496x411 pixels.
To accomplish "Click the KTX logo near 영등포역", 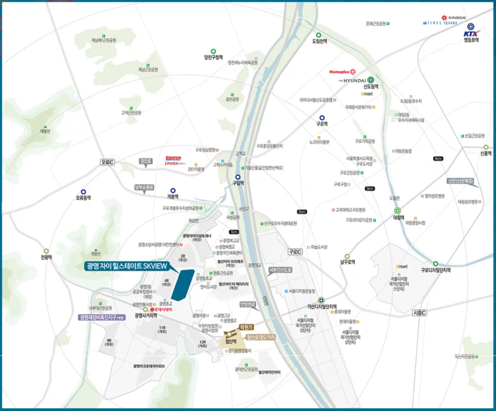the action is [471, 34].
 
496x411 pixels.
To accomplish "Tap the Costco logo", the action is [173, 158].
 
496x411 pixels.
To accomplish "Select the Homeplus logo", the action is [340, 72].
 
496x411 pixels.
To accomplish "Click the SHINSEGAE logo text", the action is [456, 18].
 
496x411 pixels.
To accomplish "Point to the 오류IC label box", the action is [107, 162].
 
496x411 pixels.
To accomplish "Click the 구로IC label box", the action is [295, 252].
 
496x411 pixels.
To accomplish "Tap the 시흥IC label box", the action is [419, 313].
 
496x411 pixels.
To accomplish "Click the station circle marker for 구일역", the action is [238, 177].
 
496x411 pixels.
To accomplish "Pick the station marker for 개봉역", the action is [173, 191].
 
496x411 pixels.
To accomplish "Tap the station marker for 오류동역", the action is [83, 192].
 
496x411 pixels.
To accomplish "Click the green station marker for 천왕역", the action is [46, 251].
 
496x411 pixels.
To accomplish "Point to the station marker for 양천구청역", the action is [213, 51].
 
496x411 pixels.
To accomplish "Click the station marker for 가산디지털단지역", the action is [321, 300].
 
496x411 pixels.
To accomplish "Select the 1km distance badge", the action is [234, 232].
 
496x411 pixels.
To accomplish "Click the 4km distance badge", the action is [438, 158].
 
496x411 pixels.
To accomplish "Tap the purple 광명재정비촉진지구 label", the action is [102, 317].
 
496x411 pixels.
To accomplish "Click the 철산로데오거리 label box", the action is [261, 337].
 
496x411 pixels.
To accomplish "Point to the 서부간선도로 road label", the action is [280, 270].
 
